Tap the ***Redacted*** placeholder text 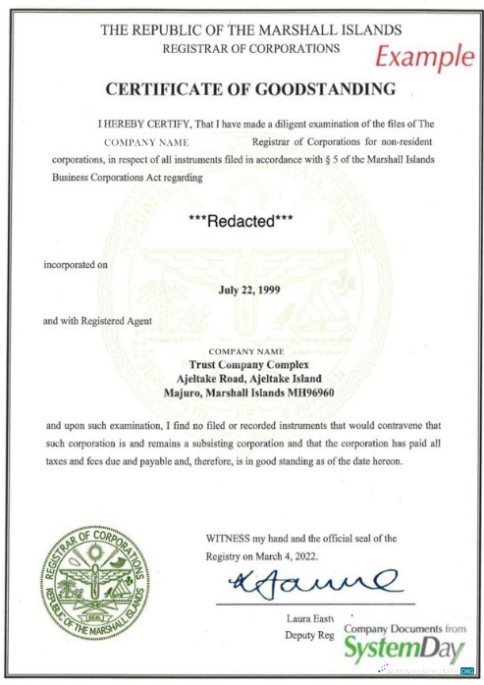tap(242, 222)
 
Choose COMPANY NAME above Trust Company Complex tap(246, 350)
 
